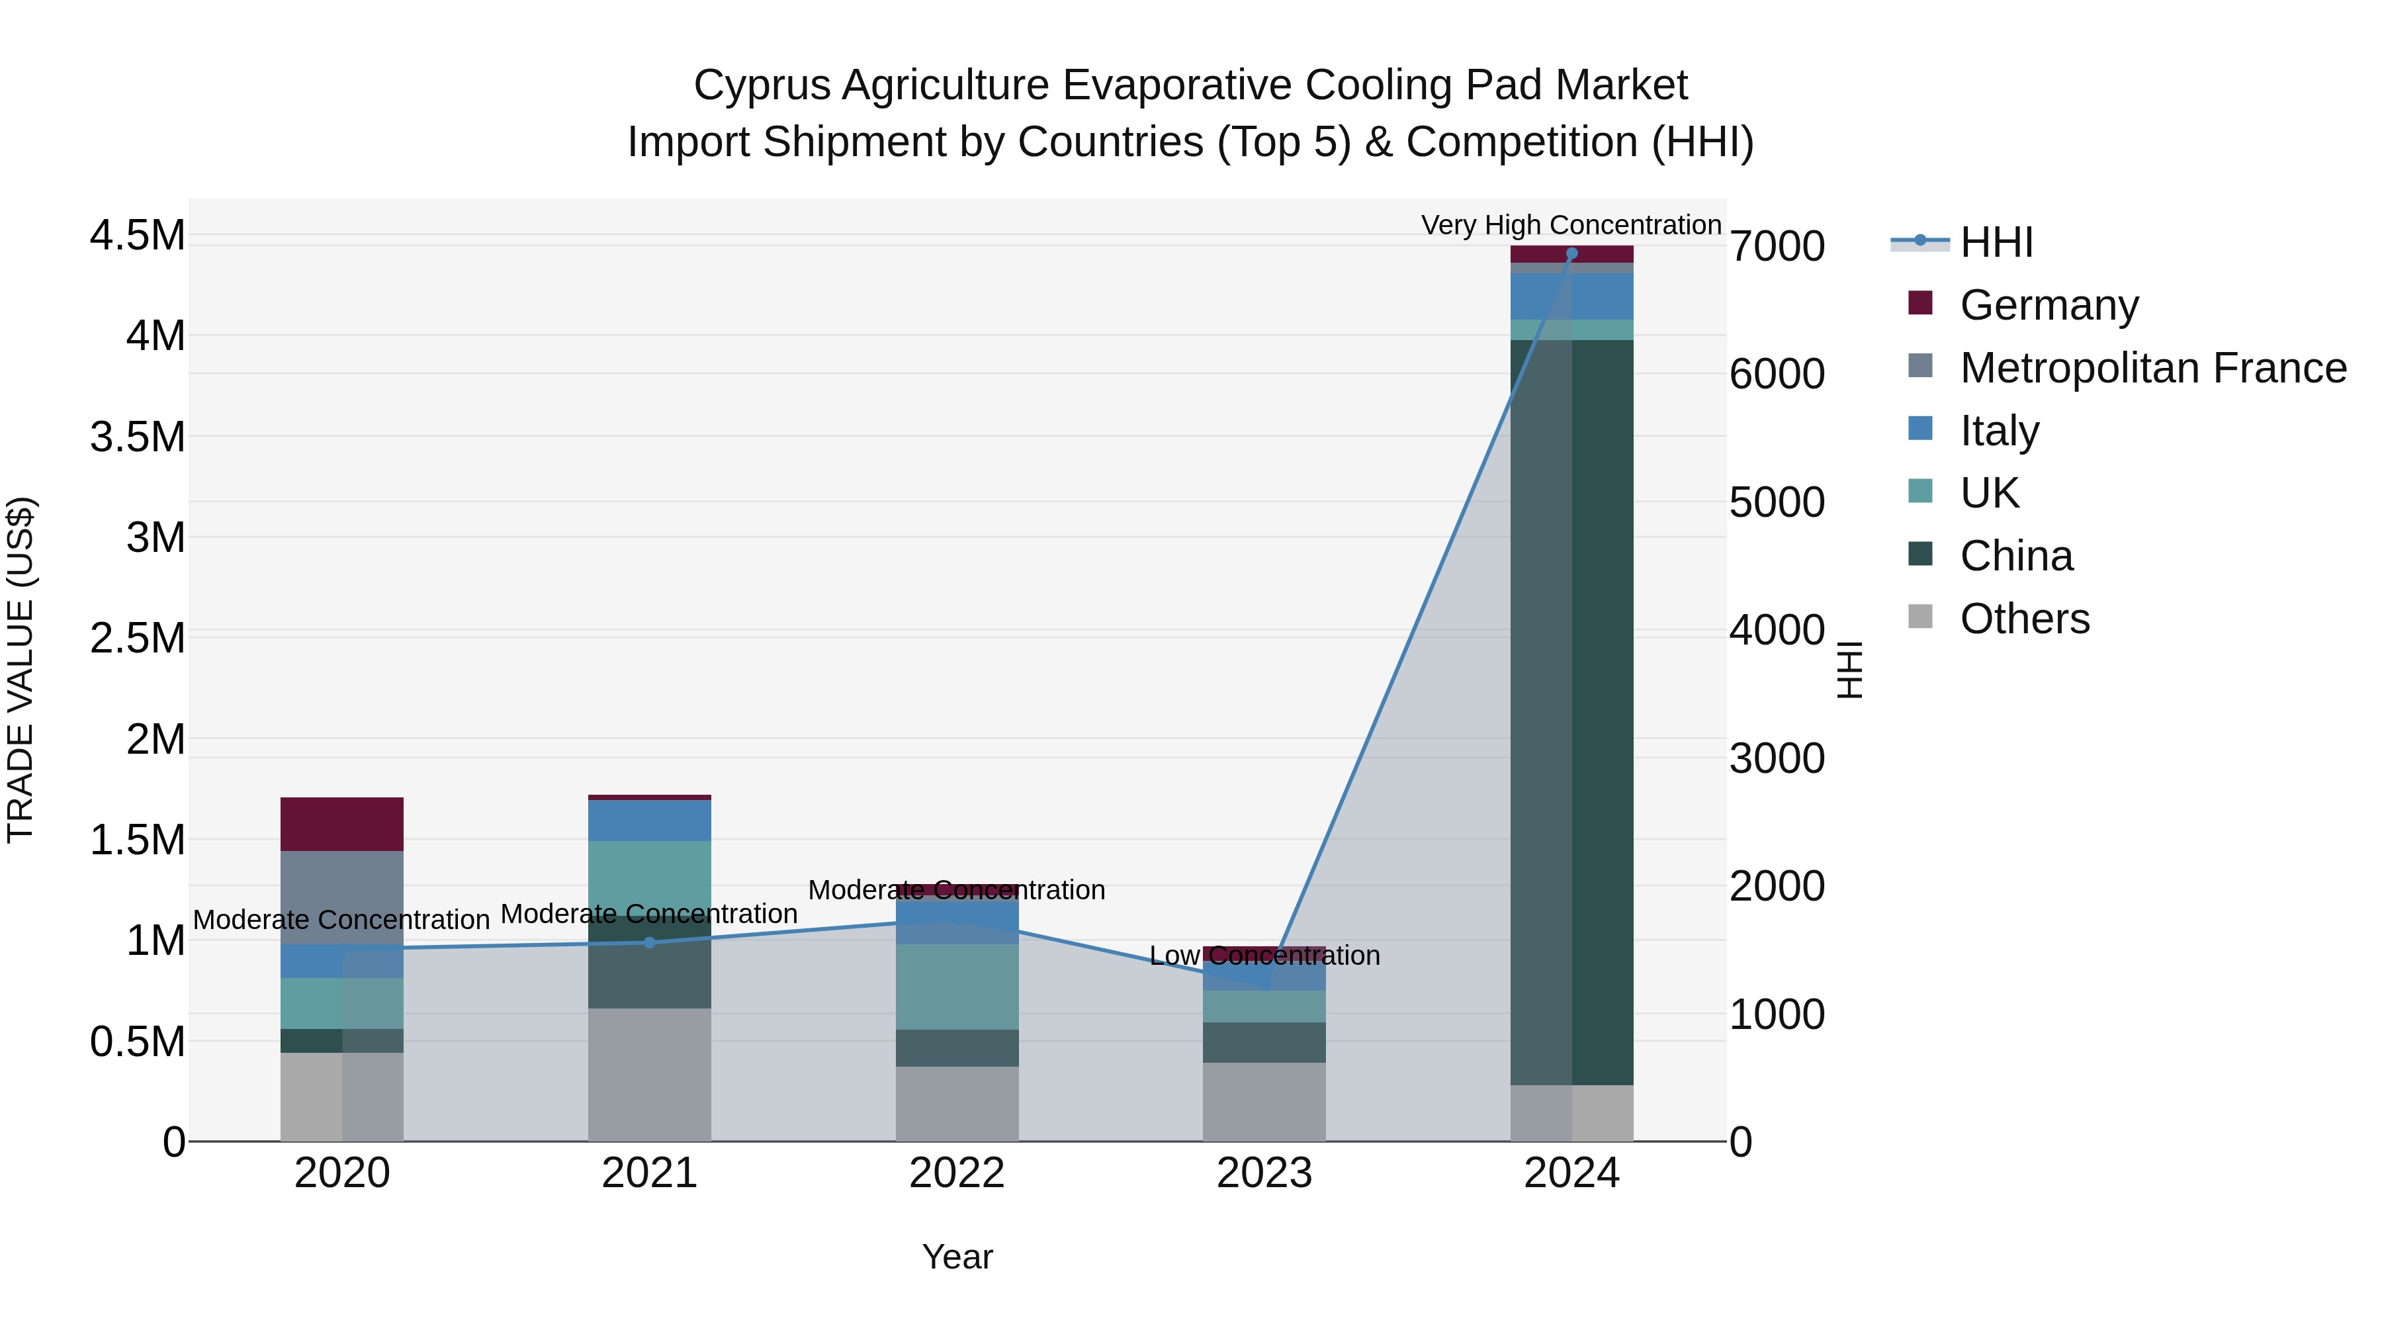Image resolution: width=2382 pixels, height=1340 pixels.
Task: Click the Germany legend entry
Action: coord(2048,305)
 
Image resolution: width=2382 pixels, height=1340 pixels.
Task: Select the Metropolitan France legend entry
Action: coord(2152,368)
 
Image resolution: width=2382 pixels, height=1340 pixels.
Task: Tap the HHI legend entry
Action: coord(1996,242)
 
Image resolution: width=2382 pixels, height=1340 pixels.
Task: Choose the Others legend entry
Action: coord(2024,619)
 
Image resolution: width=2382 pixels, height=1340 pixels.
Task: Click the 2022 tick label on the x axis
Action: coord(956,1173)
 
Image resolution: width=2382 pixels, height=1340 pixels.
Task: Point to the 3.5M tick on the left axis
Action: coord(138,437)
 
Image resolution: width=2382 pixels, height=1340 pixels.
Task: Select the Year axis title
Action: coord(956,1257)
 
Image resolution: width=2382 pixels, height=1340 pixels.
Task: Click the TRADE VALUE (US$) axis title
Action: coord(21,670)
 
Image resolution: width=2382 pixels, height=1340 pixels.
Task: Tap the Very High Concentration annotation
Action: coord(1570,225)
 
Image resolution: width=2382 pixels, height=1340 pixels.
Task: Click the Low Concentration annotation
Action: coord(1264,956)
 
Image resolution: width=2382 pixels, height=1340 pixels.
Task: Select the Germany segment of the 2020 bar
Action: coord(341,823)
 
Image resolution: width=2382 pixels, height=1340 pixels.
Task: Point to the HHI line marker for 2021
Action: coord(649,942)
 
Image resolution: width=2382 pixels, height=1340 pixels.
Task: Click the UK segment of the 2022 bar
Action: coord(956,986)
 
